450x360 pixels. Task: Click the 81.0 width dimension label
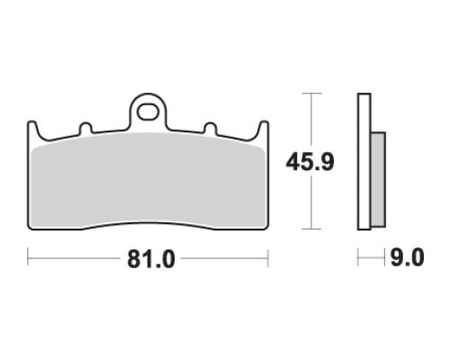(151, 259)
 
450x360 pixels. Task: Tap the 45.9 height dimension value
(310, 163)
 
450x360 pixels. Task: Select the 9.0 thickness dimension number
(407, 257)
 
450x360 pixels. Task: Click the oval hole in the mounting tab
(148, 112)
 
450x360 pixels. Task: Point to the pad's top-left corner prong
(32, 128)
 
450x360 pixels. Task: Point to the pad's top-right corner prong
(264, 128)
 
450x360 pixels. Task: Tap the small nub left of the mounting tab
(85, 128)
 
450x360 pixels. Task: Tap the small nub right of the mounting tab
(211, 128)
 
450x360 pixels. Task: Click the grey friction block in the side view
(378, 179)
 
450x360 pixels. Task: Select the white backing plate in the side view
(364, 162)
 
